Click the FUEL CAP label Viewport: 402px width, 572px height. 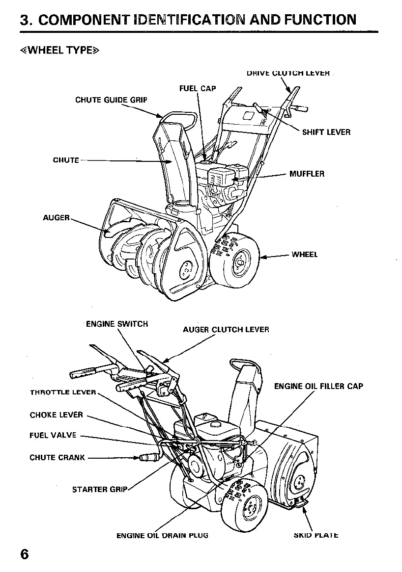click(x=198, y=89)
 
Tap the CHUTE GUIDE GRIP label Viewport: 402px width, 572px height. click(x=111, y=100)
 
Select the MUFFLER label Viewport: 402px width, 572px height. click(x=307, y=174)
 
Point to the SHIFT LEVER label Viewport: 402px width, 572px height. click(x=326, y=132)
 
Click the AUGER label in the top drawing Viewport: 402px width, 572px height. click(x=57, y=217)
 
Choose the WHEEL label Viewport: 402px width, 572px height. click(x=305, y=255)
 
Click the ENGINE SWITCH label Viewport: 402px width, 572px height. click(x=116, y=324)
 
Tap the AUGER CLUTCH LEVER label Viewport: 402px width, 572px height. click(x=226, y=330)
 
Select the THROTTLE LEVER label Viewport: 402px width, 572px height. click(x=63, y=392)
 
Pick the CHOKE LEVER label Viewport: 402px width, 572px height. click(x=57, y=415)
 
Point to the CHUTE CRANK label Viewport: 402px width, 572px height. click(x=57, y=458)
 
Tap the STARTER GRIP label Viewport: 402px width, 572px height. click(x=100, y=489)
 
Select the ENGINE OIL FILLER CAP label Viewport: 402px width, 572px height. click(x=318, y=387)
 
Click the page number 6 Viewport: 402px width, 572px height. click(x=25, y=554)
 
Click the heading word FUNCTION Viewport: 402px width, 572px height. click(x=316, y=20)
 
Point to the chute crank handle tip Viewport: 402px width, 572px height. click(x=148, y=458)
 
